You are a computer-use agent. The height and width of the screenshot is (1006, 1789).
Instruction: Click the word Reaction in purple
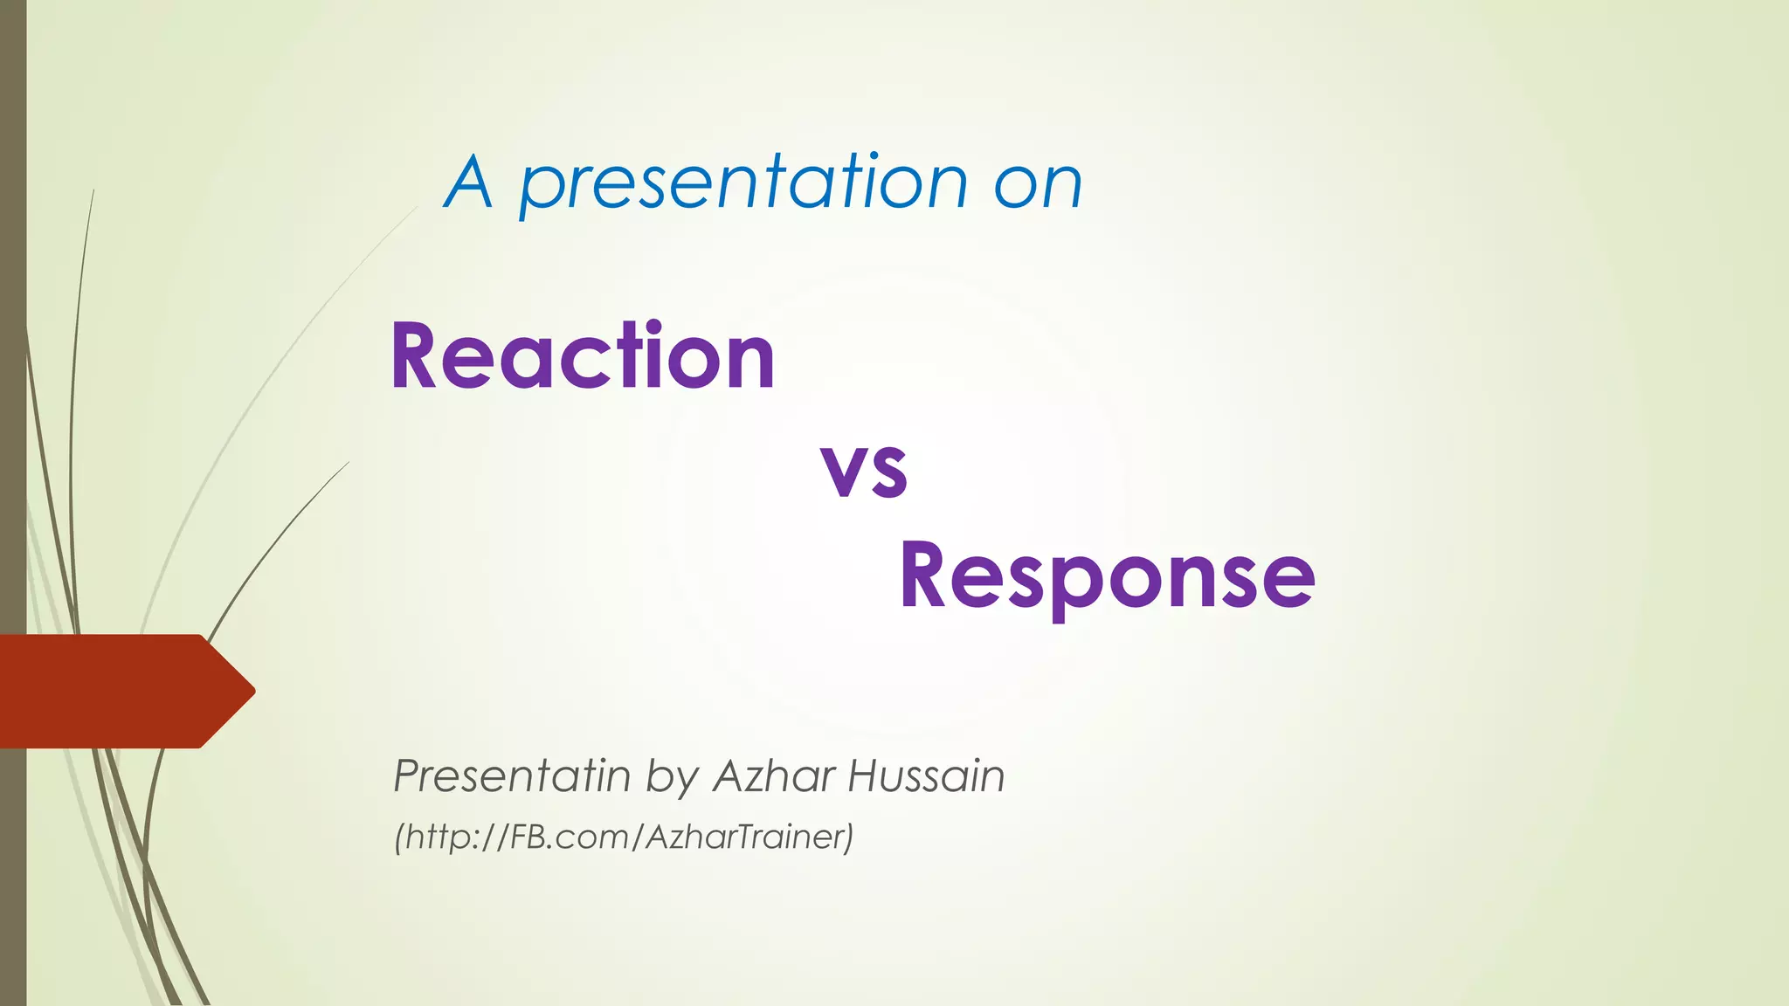[x=583, y=356]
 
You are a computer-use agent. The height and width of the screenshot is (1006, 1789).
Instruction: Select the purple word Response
[x=1107, y=576]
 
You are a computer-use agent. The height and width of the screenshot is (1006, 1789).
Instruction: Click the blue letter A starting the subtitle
[x=469, y=183]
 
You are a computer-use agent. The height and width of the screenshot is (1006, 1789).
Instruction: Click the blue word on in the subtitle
[x=1038, y=185]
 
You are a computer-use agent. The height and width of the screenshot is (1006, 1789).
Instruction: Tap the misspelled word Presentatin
[x=511, y=775]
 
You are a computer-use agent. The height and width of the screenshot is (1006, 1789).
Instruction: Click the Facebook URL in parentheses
[x=624, y=837]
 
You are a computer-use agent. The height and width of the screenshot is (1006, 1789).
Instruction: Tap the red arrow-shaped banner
[x=114, y=691]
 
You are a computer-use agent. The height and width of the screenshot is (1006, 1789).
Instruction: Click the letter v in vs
[x=841, y=472]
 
